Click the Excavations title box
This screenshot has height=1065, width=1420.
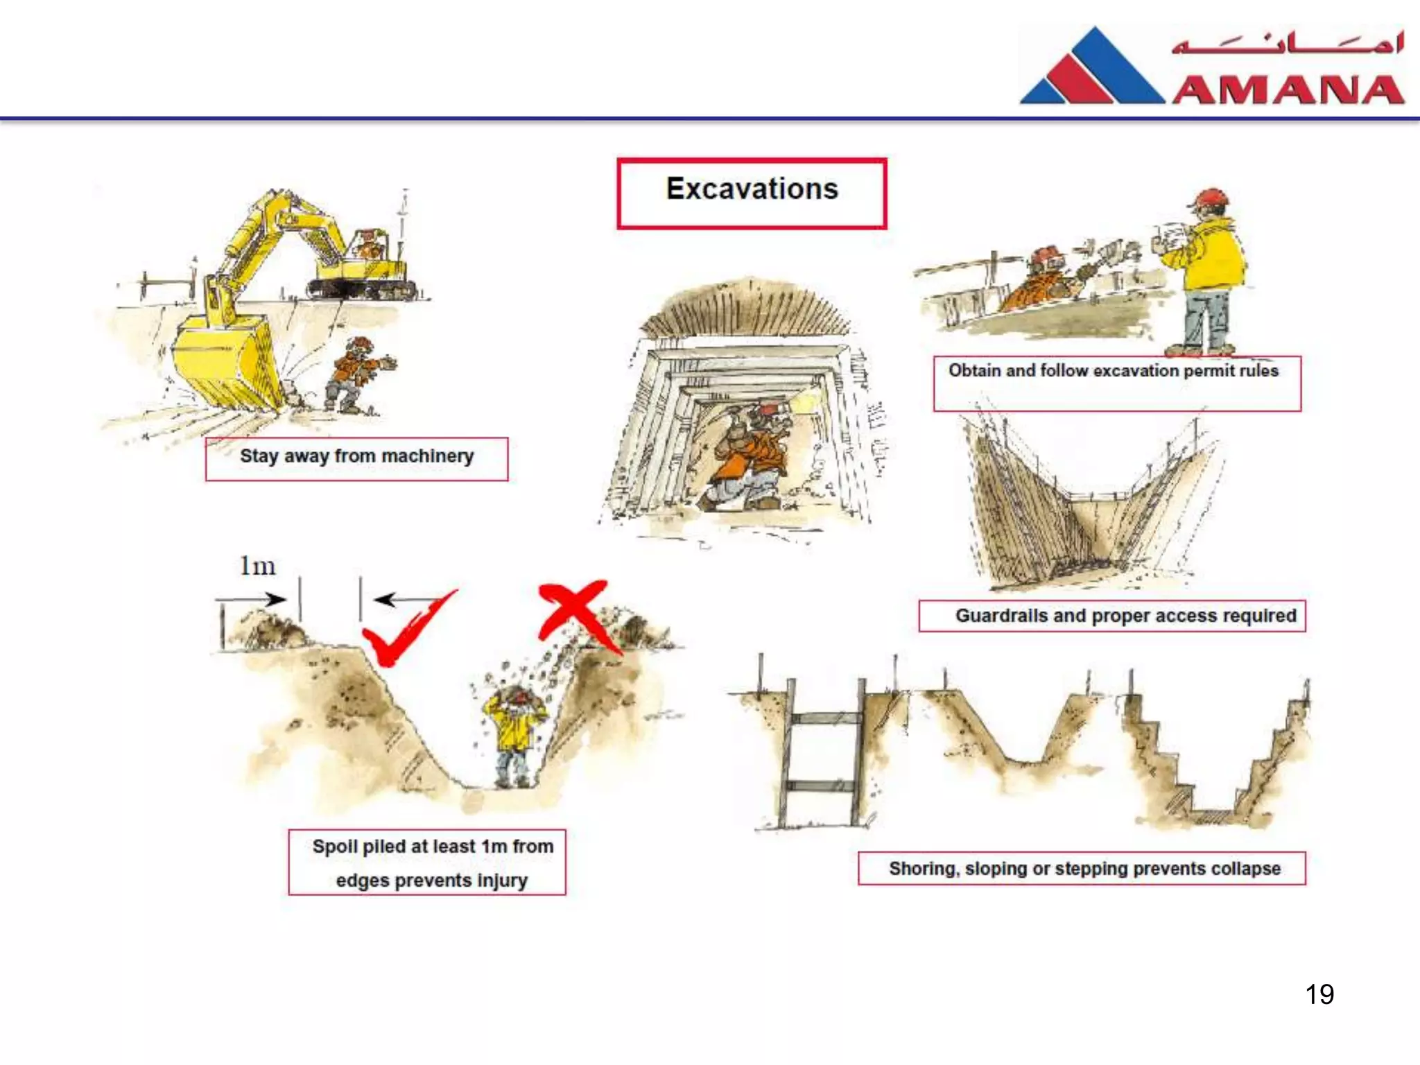point(752,193)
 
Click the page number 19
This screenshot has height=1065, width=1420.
point(1319,994)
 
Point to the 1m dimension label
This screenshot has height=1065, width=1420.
point(257,566)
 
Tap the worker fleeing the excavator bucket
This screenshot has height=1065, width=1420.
point(357,374)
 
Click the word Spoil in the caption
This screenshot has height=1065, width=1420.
point(334,847)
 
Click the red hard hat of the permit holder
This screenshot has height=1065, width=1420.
point(1210,198)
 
